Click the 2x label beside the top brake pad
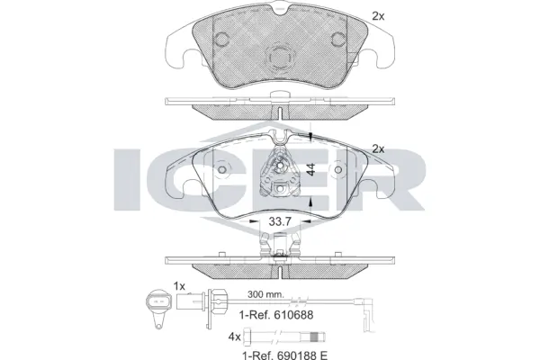(x=377, y=15)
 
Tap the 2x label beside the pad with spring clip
(x=378, y=148)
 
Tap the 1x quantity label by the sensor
(x=179, y=286)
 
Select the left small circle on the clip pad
(x=221, y=169)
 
